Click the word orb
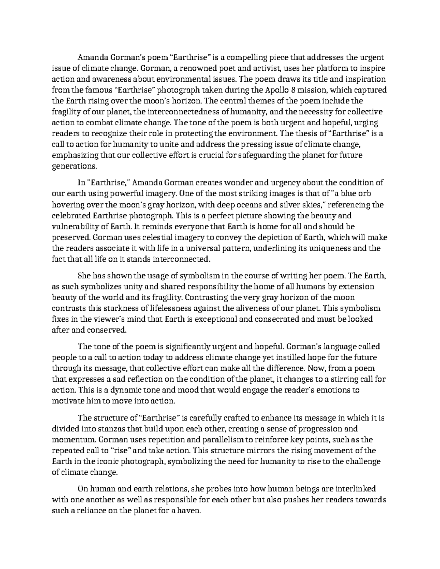tap(368, 193)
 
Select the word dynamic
tap(117, 390)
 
